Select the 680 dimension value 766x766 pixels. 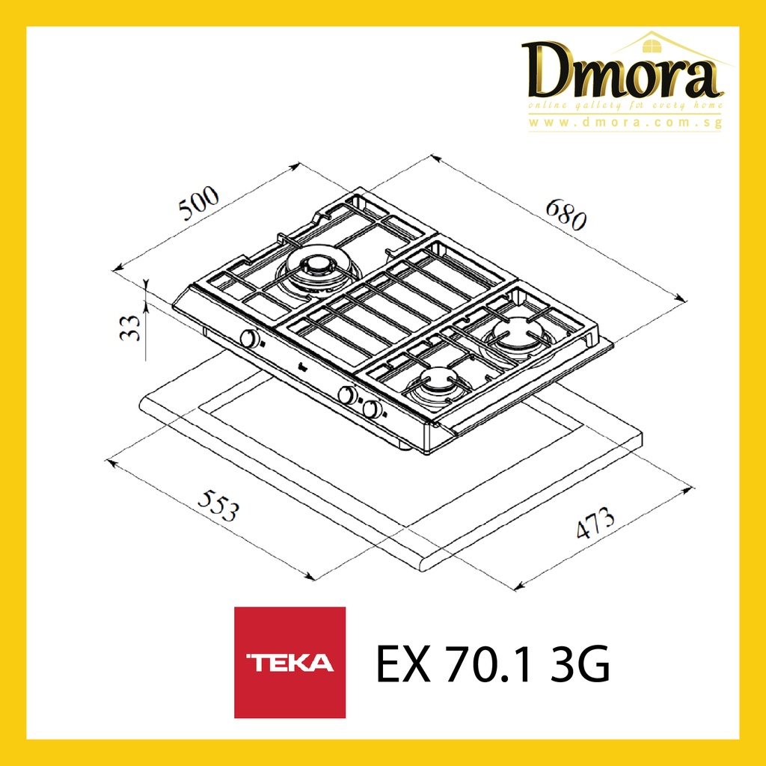(x=566, y=213)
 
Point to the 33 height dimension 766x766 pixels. (x=130, y=328)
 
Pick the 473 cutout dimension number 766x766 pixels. (x=595, y=523)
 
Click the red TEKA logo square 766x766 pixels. (x=289, y=662)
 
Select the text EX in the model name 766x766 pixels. (x=403, y=664)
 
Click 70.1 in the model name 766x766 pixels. (x=488, y=664)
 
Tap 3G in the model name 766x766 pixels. (x=580, y=664)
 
